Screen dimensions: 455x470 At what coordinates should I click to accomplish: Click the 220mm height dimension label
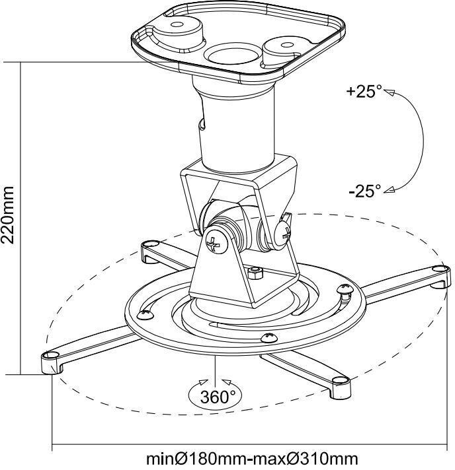[7, 215]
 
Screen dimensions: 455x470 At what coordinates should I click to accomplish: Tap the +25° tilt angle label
[364, 91]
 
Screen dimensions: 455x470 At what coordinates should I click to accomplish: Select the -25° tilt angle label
[364, 191]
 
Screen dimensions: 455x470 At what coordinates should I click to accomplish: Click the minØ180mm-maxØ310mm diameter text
[252, 459]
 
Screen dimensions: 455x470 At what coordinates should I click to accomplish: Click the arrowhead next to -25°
[390, 189]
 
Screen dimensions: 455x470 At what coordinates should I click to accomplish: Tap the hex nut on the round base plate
[256, 273]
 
